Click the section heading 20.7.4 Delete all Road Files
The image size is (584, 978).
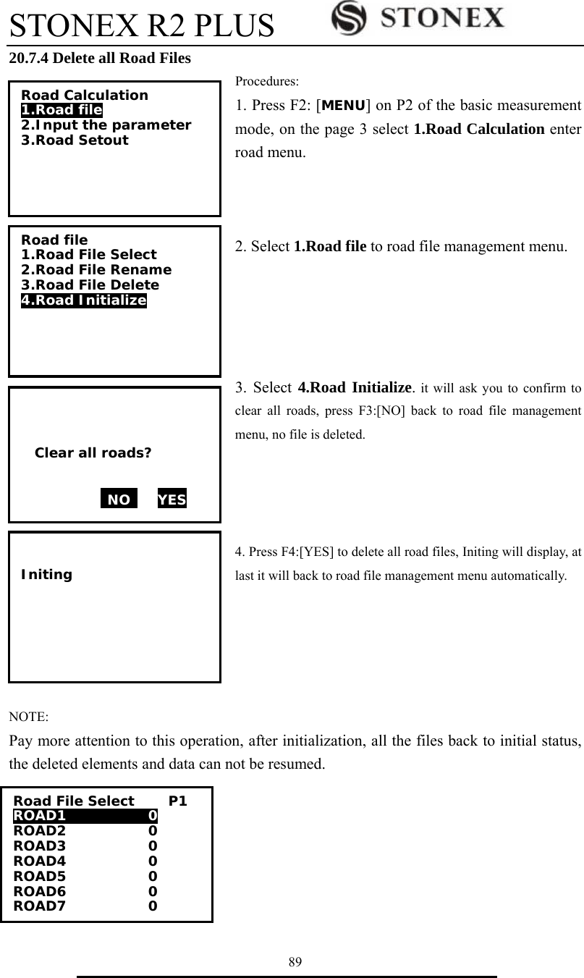pyautogui.click(x=100, y=59)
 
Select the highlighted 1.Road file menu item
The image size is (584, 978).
pyautogui.click(x=62, y=110)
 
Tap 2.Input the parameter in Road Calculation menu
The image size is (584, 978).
pyautogui.click(x=106, y=125)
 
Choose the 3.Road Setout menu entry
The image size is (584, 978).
pyautogui.click(x=75, y=140)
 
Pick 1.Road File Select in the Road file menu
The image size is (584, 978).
pyautogui.click(x=88, y=255)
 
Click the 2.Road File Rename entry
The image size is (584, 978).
pyautogui.click(x=96, y=270)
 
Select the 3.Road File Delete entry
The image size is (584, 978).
pyautogui.click(x=90, y=285)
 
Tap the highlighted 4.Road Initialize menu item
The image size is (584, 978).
pyautogui.click(x=83, y=300)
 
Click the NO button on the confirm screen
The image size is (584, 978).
pyautogui.click(x=119, y=499)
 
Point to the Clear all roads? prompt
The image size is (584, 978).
pyautogui.click(x=93, y=454)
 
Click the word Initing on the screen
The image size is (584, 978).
pyautogui.click(x=47, y=575)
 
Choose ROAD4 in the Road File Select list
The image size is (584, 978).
pyautogui.click(x=40, y=861)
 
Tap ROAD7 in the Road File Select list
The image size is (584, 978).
pyautogui.click(x=40, y=906)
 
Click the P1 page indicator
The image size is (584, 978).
pyautogui.click(x=178, y=801)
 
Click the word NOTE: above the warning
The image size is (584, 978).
pyautogui.click(x=29, y=717)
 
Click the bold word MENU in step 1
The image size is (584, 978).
pyautogui.click(x=343, y=107)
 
